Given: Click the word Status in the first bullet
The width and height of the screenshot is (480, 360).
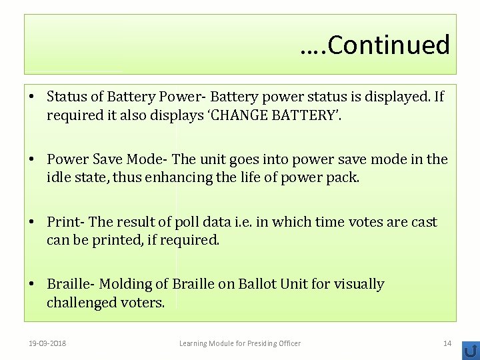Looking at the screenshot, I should pyautogui.click(x=67, y=97).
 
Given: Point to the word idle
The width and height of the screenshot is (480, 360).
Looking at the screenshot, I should pyautogui.click(x=59, y=178).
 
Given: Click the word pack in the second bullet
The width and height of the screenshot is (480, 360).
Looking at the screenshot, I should pyautogui.click(x=342, y=178).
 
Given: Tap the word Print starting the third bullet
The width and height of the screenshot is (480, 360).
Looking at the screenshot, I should pyautogui.click(x=64, y=222).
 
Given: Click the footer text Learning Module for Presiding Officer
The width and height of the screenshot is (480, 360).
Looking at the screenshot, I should pyautogui.click(x=240, y=343).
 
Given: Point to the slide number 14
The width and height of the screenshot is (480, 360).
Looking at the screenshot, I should pyautogui.click(x=447, y=343).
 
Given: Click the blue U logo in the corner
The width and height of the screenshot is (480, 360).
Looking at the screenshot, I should pyautogui.click(x=471, y=351).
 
